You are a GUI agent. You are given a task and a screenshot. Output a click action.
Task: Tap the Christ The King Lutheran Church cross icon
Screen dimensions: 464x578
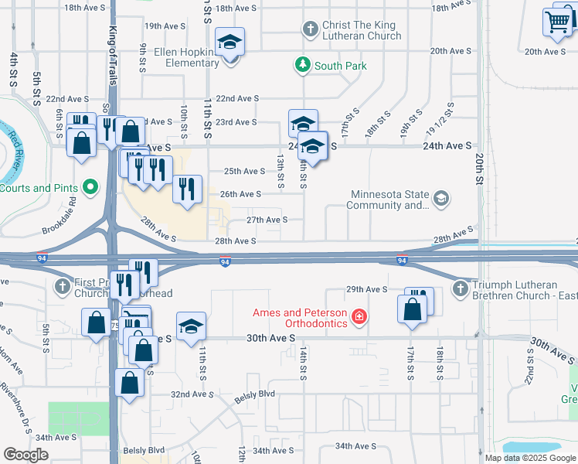pyautogui.click(x=310, y=29)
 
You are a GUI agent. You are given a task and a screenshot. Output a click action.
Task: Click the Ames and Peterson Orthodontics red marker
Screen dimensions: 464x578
pyautogui.click(x=359, y=316)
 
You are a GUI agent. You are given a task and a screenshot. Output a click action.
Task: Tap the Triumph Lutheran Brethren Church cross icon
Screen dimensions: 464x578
pyautogui.click(x=460, y=288)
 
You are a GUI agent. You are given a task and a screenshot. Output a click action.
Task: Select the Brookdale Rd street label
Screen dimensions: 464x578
pyautogui.click(x=59, y=219)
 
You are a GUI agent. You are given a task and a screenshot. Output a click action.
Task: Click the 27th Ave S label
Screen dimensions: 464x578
pyautogui.click(x=267, y=220)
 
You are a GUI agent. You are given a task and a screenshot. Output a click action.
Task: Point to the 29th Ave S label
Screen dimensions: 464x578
pyautogui.click(x=365, y=288)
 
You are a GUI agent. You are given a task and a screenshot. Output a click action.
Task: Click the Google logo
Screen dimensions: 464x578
pyautogui.click(x=25, y=454)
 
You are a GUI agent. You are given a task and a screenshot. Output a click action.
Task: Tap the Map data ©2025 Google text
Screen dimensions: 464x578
pyautogui.click(x=530, y=458)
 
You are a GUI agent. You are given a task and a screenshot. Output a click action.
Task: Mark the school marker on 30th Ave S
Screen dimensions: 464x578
pyautogui.click(x=191, y=327)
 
